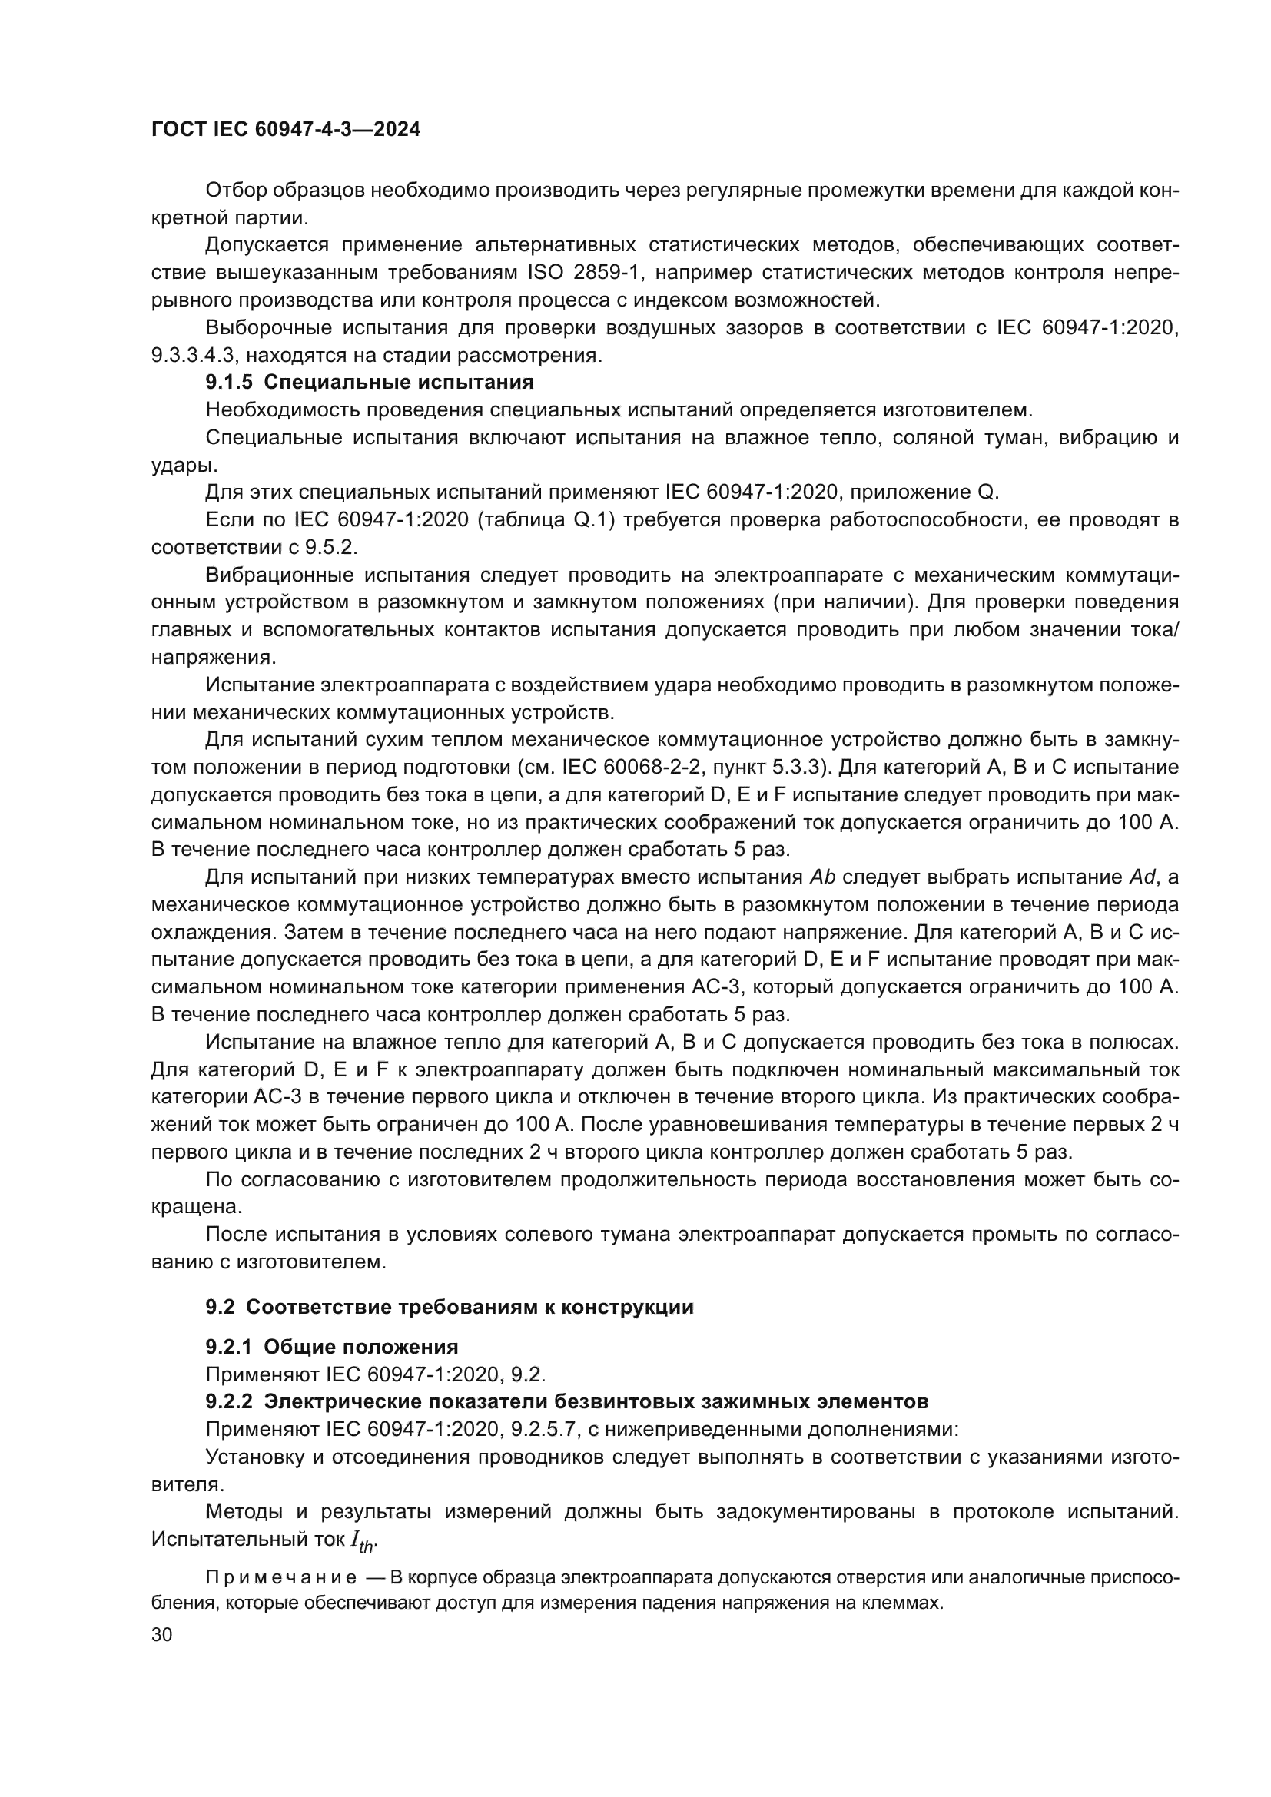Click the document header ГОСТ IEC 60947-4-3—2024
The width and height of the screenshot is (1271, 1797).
pyautogui.click(x=286, y=129)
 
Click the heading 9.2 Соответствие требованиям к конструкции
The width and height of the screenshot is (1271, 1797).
pyautogui.click(x=450, y=1307)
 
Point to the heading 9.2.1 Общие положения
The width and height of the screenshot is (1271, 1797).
pyautogui.click(x=331, y=1347)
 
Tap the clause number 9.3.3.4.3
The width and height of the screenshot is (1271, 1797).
pyautogui.click(x=193, y=356)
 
